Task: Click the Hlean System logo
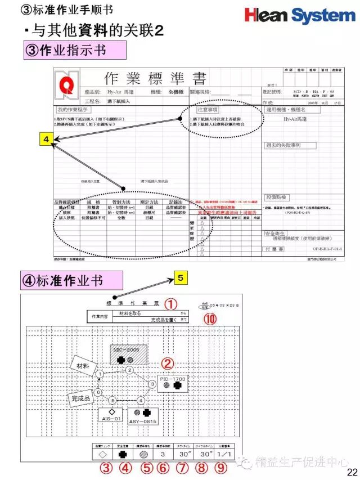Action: (300, 15)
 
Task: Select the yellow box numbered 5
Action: (179, 277)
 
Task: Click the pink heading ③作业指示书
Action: (74, 50)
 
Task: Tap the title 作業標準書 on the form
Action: (155, 78)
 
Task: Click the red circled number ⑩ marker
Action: (210, 319)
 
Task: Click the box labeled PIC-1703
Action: (172, 384)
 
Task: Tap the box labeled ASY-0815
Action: (143, 415)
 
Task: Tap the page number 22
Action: (352, 472)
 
